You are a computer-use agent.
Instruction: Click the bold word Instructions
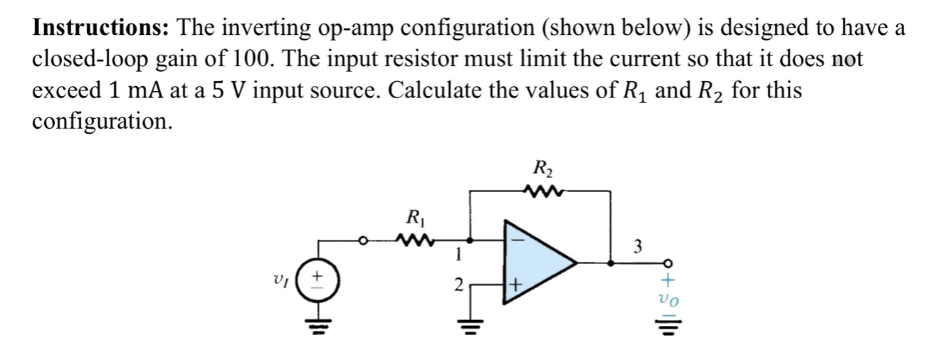click(x=100, y=28)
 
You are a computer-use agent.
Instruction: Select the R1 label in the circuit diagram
click(x=414, y=217)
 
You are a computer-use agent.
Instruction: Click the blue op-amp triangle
click(x=537, y=263)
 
